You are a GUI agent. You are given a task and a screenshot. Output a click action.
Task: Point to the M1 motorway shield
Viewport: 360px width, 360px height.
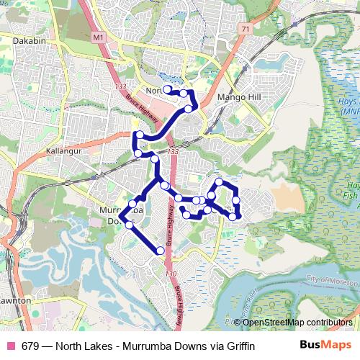point(99,35)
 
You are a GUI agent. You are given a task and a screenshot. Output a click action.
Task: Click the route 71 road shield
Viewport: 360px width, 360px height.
point(246,28)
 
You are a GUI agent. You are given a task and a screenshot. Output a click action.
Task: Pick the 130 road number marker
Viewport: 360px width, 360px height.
point(169,274)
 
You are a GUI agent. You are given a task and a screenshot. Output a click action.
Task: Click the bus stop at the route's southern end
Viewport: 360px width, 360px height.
point(161,251)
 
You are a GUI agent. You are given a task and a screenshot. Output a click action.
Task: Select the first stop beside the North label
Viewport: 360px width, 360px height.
point(167,89)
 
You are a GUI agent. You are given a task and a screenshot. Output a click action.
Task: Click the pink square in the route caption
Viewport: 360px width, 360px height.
point(11,346)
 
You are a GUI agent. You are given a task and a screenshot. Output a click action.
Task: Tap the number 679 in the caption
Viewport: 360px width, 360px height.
point(30,346)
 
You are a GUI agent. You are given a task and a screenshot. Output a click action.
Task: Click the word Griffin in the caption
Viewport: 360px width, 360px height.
point(240,346)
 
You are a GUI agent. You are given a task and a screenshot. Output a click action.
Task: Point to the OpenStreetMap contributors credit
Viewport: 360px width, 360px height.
point(297,322)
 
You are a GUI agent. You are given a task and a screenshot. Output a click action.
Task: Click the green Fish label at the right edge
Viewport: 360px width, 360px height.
point(351,196)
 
